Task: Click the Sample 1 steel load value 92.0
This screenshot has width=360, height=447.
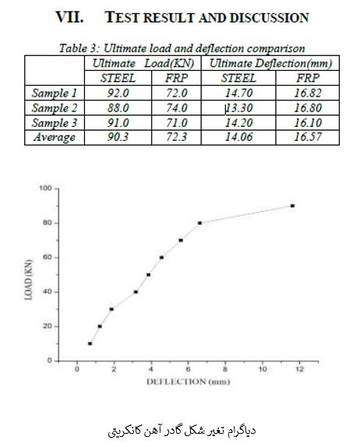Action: point(118,93)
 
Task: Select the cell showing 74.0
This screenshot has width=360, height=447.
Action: point(177,107)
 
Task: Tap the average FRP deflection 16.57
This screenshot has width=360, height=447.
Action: point(308,137)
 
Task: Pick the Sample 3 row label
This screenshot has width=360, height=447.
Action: point(55,123)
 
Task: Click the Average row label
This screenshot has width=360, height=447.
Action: point(55,137)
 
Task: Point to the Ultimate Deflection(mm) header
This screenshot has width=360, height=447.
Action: point(270,63)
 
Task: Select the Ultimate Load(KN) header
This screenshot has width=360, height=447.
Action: point(143,63)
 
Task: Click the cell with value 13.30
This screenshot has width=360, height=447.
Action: point(238,107)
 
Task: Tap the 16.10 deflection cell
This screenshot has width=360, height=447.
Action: point(308,123)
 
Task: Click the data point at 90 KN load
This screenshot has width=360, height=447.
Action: point(292,206)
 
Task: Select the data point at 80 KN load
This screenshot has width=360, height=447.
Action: point(199,223)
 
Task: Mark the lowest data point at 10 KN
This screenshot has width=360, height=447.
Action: point(90,343)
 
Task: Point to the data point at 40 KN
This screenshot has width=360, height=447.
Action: point(136,292)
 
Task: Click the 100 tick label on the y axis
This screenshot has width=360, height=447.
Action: point(45,188)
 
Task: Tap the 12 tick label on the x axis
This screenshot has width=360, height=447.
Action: point(299,369)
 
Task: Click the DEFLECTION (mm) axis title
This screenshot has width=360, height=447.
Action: point(188,382)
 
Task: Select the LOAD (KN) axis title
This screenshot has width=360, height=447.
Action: point(29,280)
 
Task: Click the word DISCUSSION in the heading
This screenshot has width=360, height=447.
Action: point(270,18)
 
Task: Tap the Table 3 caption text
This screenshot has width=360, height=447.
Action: point(182,48)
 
